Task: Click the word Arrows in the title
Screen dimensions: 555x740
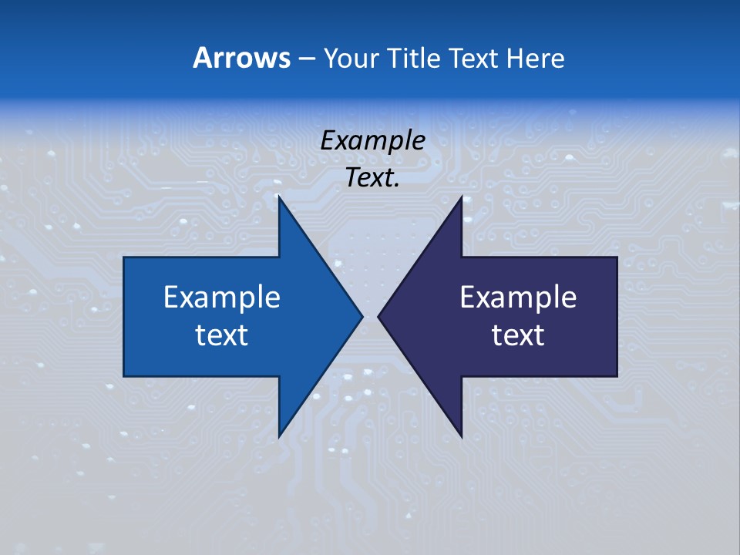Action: (241, 58)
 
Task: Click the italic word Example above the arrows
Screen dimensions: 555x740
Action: (372, 141)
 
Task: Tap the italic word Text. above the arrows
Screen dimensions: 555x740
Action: (372, 178)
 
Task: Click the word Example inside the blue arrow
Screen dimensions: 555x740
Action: (221, 298)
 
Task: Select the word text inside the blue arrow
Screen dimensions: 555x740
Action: (221, 335)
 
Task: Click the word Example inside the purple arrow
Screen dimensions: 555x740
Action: (518, 298)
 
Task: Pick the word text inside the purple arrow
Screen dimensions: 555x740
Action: (518, 335)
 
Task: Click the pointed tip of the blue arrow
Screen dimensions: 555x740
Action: (361, 316)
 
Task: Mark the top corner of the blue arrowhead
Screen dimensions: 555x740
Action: (280, 199)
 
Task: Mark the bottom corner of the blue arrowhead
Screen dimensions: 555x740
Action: (280, 435)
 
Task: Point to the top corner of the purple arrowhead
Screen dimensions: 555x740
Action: (461, 199)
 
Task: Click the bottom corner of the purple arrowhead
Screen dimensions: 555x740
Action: (461, 435)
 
